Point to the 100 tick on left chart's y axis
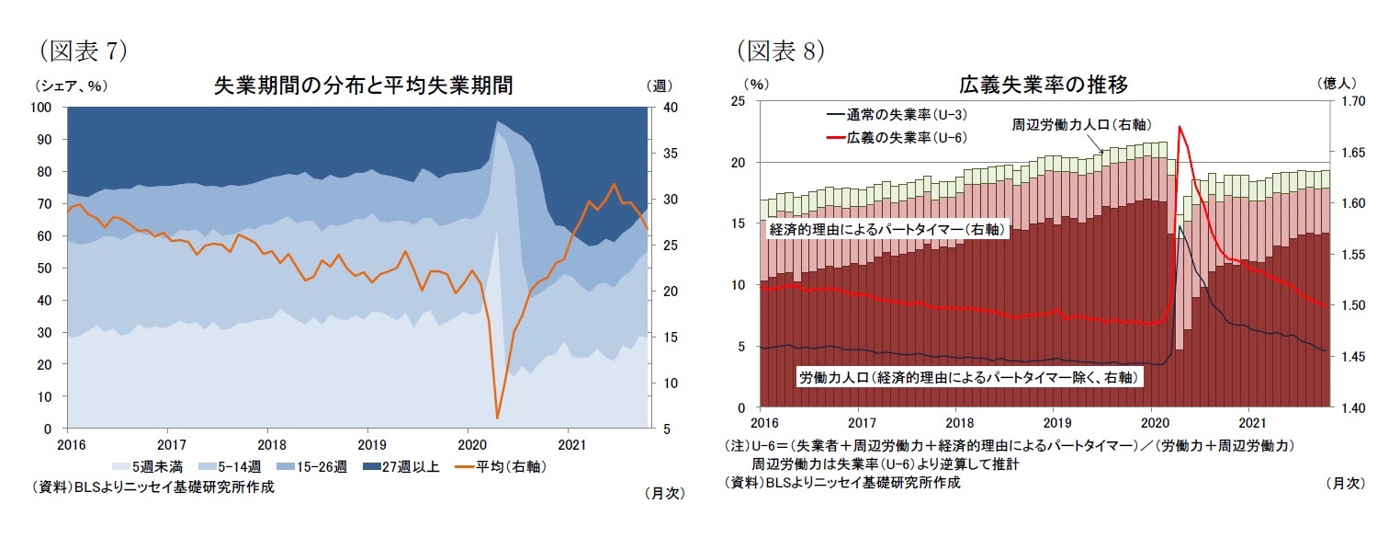[x=41, y=108]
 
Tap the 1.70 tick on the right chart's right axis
[x=1350, y=101]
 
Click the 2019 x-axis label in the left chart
[x=367, y=442]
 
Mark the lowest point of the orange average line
[x=497, y=418]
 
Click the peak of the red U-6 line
[x=1179, y=127]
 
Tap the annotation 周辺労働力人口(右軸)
[x=1081, y=124]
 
